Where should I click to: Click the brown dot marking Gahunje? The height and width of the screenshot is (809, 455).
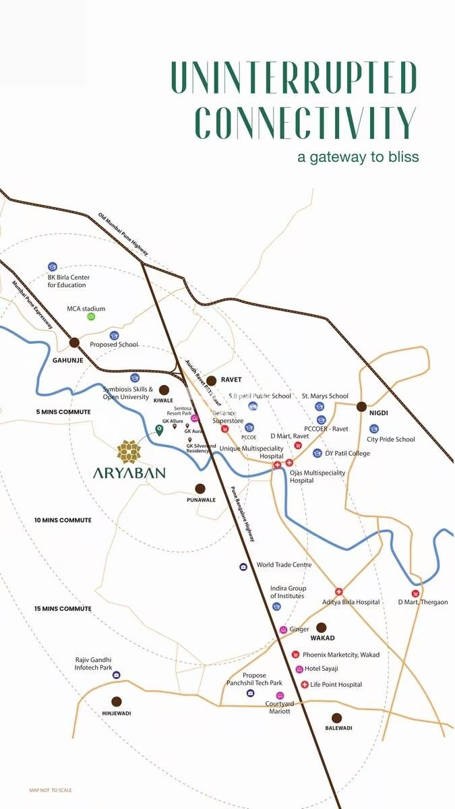(x=74, y=342)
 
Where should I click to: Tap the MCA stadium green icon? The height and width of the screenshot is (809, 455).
(x=91, y=317)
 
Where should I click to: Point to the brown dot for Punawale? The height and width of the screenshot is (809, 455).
(x=200, y=489)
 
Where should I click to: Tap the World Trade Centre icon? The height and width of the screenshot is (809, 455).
(x=243, y=566)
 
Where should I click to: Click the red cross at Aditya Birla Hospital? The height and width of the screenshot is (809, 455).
(x=339, y=591)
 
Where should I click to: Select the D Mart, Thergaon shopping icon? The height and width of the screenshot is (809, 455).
(x=416, y=593)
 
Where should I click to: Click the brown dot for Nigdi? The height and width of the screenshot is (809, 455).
(x=361, y=407)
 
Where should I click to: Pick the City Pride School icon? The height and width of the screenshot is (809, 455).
(x=374, y=429)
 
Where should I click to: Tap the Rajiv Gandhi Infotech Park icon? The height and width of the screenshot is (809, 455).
(x=116, y=675)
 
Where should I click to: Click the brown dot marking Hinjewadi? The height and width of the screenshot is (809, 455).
(x=117, y=701)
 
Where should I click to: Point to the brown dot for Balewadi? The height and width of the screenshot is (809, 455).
(x=336, y=718)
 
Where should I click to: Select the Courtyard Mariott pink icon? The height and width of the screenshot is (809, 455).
(x=280, y=695)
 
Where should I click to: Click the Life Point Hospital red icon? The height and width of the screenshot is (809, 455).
(x=305, y=685)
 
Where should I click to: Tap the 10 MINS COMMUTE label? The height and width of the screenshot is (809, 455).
(x=63, y=520)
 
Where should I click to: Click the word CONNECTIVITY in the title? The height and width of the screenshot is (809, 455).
(x=305, y=122)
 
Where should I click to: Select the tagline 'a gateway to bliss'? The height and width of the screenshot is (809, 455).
(x=358, y=157)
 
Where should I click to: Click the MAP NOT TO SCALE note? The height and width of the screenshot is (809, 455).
(x=51, y=790)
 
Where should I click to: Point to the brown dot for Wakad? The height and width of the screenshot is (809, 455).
(x=321, y=627)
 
